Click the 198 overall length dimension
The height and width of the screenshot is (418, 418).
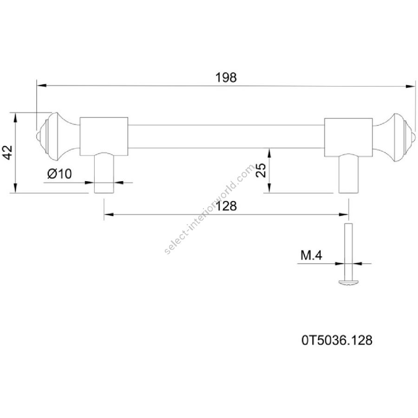point(226,77)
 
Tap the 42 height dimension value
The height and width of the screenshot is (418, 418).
point(8,152)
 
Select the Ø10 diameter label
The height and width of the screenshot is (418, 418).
point(59,174)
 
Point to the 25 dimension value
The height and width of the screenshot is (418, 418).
point(261,170)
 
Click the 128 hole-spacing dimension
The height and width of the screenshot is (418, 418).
point(226,206)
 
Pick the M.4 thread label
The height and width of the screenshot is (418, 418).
point(311,255)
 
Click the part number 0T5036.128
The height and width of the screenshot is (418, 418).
point(337,340)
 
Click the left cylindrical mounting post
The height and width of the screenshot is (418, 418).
point(104,173)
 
